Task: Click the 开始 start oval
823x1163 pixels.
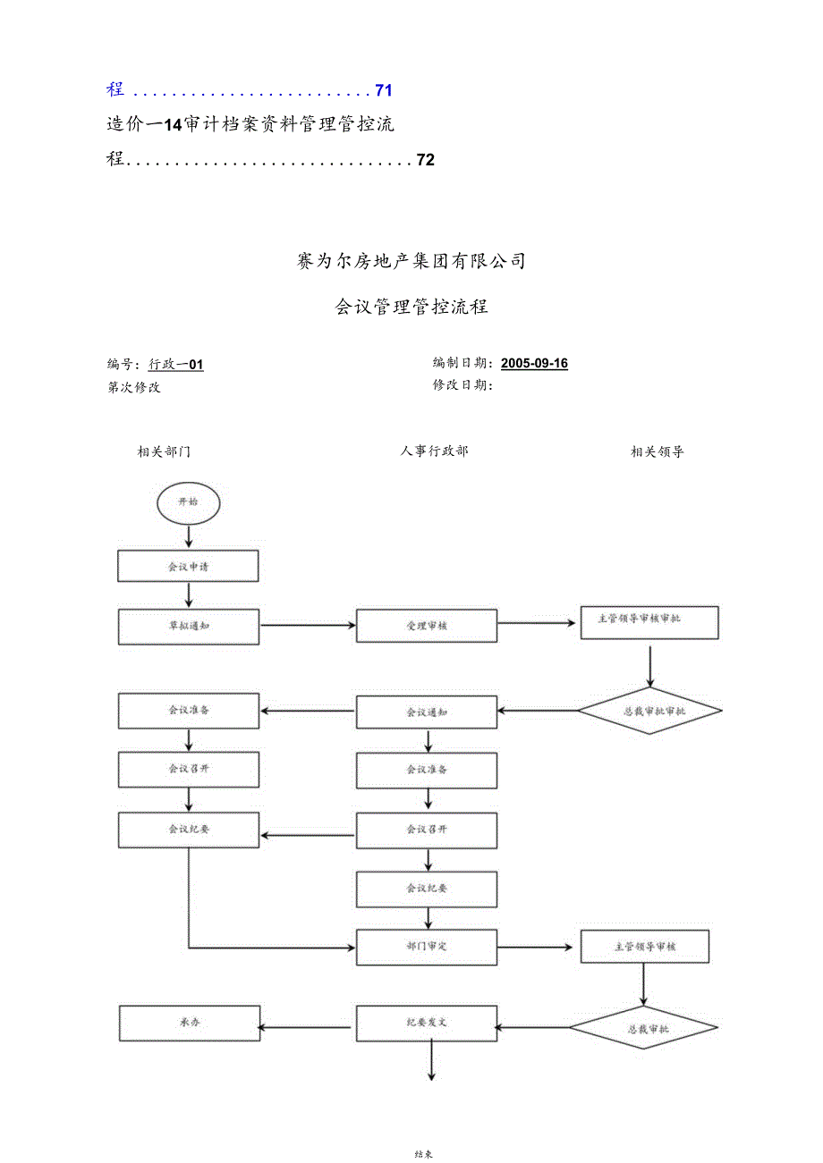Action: tap(188, 502)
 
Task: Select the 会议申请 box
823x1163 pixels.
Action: tap(188, 566)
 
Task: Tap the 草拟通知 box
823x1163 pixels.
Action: tap(188, 626)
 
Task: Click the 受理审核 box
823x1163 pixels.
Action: tap(427, 626)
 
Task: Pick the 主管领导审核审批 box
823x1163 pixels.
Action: tap(649, 619)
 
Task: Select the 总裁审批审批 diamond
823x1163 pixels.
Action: tap(649, 712)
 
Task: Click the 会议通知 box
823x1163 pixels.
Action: tap(427, 712)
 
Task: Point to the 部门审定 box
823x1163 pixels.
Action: tap(427, 946)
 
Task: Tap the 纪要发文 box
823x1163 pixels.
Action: tap(427, 1023)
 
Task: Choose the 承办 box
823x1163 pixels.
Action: tap(188, 1023)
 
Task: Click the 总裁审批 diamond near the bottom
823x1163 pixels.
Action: tap(643, 1029)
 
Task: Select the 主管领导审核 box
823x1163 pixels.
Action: tap(644, 947)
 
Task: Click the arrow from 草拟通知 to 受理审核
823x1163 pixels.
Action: tap(308, 626)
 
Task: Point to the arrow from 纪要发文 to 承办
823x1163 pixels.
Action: tap(308, 1026)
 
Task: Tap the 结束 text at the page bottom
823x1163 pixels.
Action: tap(424, 1154)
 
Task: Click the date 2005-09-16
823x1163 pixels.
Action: tap(534, 363)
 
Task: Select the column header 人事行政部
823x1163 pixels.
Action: tap(434, 451)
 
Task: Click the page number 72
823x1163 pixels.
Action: tap(426, 161)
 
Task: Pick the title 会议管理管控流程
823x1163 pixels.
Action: tap(411, 307)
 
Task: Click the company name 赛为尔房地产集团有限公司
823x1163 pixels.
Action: tap(411, 261)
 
